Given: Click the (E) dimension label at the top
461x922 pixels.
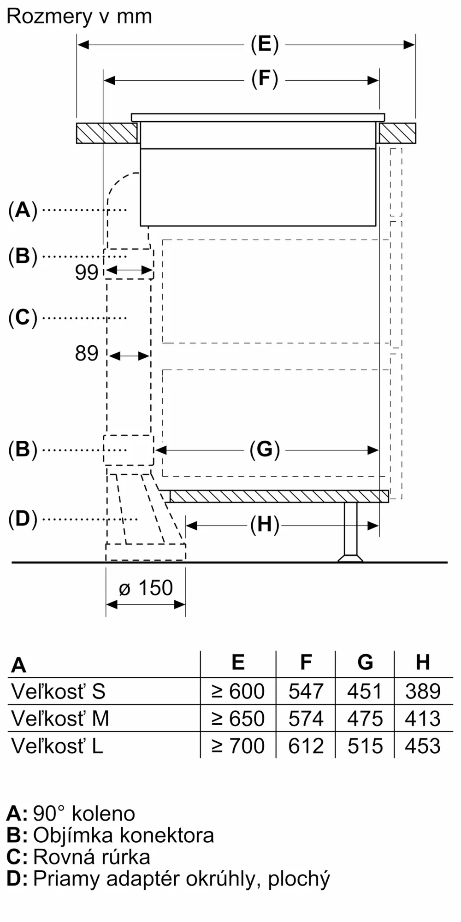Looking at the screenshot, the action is click(x=265, y=45).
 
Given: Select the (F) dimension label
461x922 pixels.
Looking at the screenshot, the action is click(x=265, y=79).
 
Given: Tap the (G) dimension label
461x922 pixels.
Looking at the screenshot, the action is click(x=265, y=449).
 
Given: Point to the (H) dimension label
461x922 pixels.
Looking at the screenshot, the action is click(x=265, y=525).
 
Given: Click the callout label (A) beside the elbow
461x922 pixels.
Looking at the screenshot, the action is click(x=23, y=210).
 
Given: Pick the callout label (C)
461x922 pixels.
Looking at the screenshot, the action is click(x=23, y=318).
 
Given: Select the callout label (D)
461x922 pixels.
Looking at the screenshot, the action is click(x=23, y=519).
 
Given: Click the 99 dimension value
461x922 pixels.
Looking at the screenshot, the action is click(x=87, y=272).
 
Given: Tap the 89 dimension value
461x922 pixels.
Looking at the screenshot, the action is click(x=87, y=354).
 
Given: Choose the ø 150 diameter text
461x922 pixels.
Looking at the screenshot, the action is click(x=146, y=588).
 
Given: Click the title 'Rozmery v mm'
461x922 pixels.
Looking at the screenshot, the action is click(x=79, y=17).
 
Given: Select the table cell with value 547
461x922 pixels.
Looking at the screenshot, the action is click(x=306, y=691).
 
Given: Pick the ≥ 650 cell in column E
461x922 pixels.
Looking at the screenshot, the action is click(x=238, y=718).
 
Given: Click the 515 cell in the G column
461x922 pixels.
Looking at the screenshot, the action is click(x=365, y=745).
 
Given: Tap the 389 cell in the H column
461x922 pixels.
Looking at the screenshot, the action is click(x=423, y=691).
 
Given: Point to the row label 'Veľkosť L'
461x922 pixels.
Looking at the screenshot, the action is click(x=57, y=745).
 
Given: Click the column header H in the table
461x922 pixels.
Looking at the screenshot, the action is click(x=423, y=662).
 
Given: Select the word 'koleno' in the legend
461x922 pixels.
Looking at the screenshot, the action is click(x=103, y=814).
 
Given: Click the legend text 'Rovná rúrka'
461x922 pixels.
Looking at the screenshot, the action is click(x=92, y=857).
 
